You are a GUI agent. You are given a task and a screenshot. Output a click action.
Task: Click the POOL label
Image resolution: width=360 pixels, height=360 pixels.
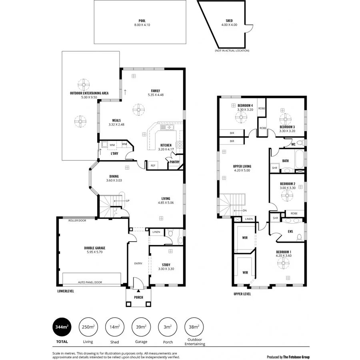[142, 21]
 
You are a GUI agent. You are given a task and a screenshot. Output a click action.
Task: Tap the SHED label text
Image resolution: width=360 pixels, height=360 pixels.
[229, 21]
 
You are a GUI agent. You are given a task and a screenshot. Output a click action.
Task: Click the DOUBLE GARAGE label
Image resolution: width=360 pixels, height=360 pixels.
[94, 248]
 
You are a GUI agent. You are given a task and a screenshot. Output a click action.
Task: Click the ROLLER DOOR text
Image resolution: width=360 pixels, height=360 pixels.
[77, 220]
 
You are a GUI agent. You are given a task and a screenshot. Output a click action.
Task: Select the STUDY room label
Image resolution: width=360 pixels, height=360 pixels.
[166, 265]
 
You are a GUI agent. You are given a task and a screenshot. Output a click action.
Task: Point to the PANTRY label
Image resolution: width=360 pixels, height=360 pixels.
[174, 162]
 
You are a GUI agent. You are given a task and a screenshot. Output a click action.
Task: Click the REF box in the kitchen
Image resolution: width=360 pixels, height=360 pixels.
[152, 165]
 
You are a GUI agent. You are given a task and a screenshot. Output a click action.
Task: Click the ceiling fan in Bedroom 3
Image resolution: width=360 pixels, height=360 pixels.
[286, 119]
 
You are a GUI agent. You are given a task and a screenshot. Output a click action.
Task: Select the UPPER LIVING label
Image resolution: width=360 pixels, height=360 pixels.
[242, 166]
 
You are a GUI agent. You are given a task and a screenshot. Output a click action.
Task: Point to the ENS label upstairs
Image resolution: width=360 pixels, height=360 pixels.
[290, 231]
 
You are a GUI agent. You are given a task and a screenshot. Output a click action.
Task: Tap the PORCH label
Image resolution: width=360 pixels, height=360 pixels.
[138, 297]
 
